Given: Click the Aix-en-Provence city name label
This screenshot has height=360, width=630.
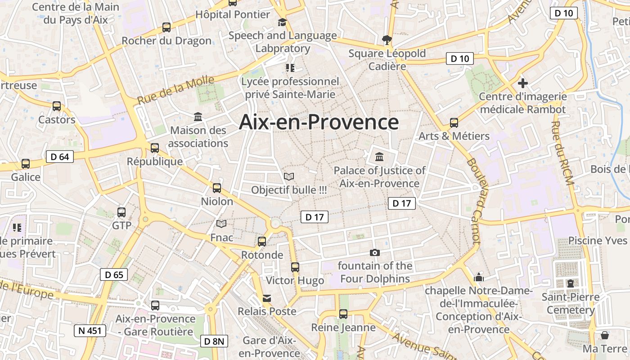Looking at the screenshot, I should tap(319, 122).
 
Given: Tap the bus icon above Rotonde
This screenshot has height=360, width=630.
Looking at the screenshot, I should tap(262, 242).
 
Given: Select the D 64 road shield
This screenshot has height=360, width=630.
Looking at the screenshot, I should tap(59, 157).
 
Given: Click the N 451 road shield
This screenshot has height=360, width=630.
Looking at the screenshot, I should tap(90, 331).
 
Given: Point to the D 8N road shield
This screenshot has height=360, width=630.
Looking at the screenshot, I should tap(214, 341).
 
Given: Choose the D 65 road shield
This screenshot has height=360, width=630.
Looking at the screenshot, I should tap(114, 274).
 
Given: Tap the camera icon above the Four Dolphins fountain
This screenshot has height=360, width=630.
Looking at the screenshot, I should tap(374, 253).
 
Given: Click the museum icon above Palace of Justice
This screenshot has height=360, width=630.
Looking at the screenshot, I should tap(379, 157).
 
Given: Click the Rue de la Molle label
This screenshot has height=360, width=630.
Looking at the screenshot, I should tap(175, 90).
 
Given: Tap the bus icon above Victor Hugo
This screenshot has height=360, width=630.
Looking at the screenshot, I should tap(295, 267).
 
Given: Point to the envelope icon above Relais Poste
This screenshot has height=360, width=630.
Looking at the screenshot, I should tap(267, 298).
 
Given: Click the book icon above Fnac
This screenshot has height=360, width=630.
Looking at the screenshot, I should tap(221, 224).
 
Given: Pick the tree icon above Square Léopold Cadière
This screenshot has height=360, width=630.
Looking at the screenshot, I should tap(387, 40).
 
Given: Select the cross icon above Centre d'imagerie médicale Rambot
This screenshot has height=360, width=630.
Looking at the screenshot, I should tap(522, 83).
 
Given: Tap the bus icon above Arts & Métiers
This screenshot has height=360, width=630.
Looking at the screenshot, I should tap(454, 123).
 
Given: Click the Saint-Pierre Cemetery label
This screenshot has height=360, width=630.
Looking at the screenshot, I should tap(571, 303).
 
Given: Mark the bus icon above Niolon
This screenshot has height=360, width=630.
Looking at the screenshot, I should tap(217, 188).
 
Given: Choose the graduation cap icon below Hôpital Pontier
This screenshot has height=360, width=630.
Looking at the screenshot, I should tap(282, 22).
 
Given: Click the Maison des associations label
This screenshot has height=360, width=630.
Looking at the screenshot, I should tap(198, 137).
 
